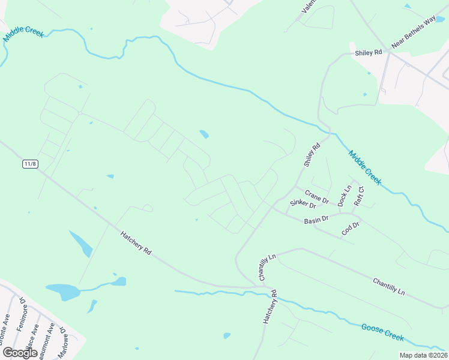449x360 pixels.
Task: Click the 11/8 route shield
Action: point(30,164)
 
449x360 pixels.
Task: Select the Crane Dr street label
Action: point(317,196)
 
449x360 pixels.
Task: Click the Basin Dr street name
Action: point(316,220)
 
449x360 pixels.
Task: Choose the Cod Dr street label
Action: point(350,228)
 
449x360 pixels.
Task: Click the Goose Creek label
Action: point(382,332)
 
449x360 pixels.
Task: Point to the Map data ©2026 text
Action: point(424,355)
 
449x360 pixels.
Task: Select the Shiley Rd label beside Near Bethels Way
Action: point(369,53)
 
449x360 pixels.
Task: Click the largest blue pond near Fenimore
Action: point(63,292)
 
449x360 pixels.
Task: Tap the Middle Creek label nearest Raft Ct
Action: point(365,167)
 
